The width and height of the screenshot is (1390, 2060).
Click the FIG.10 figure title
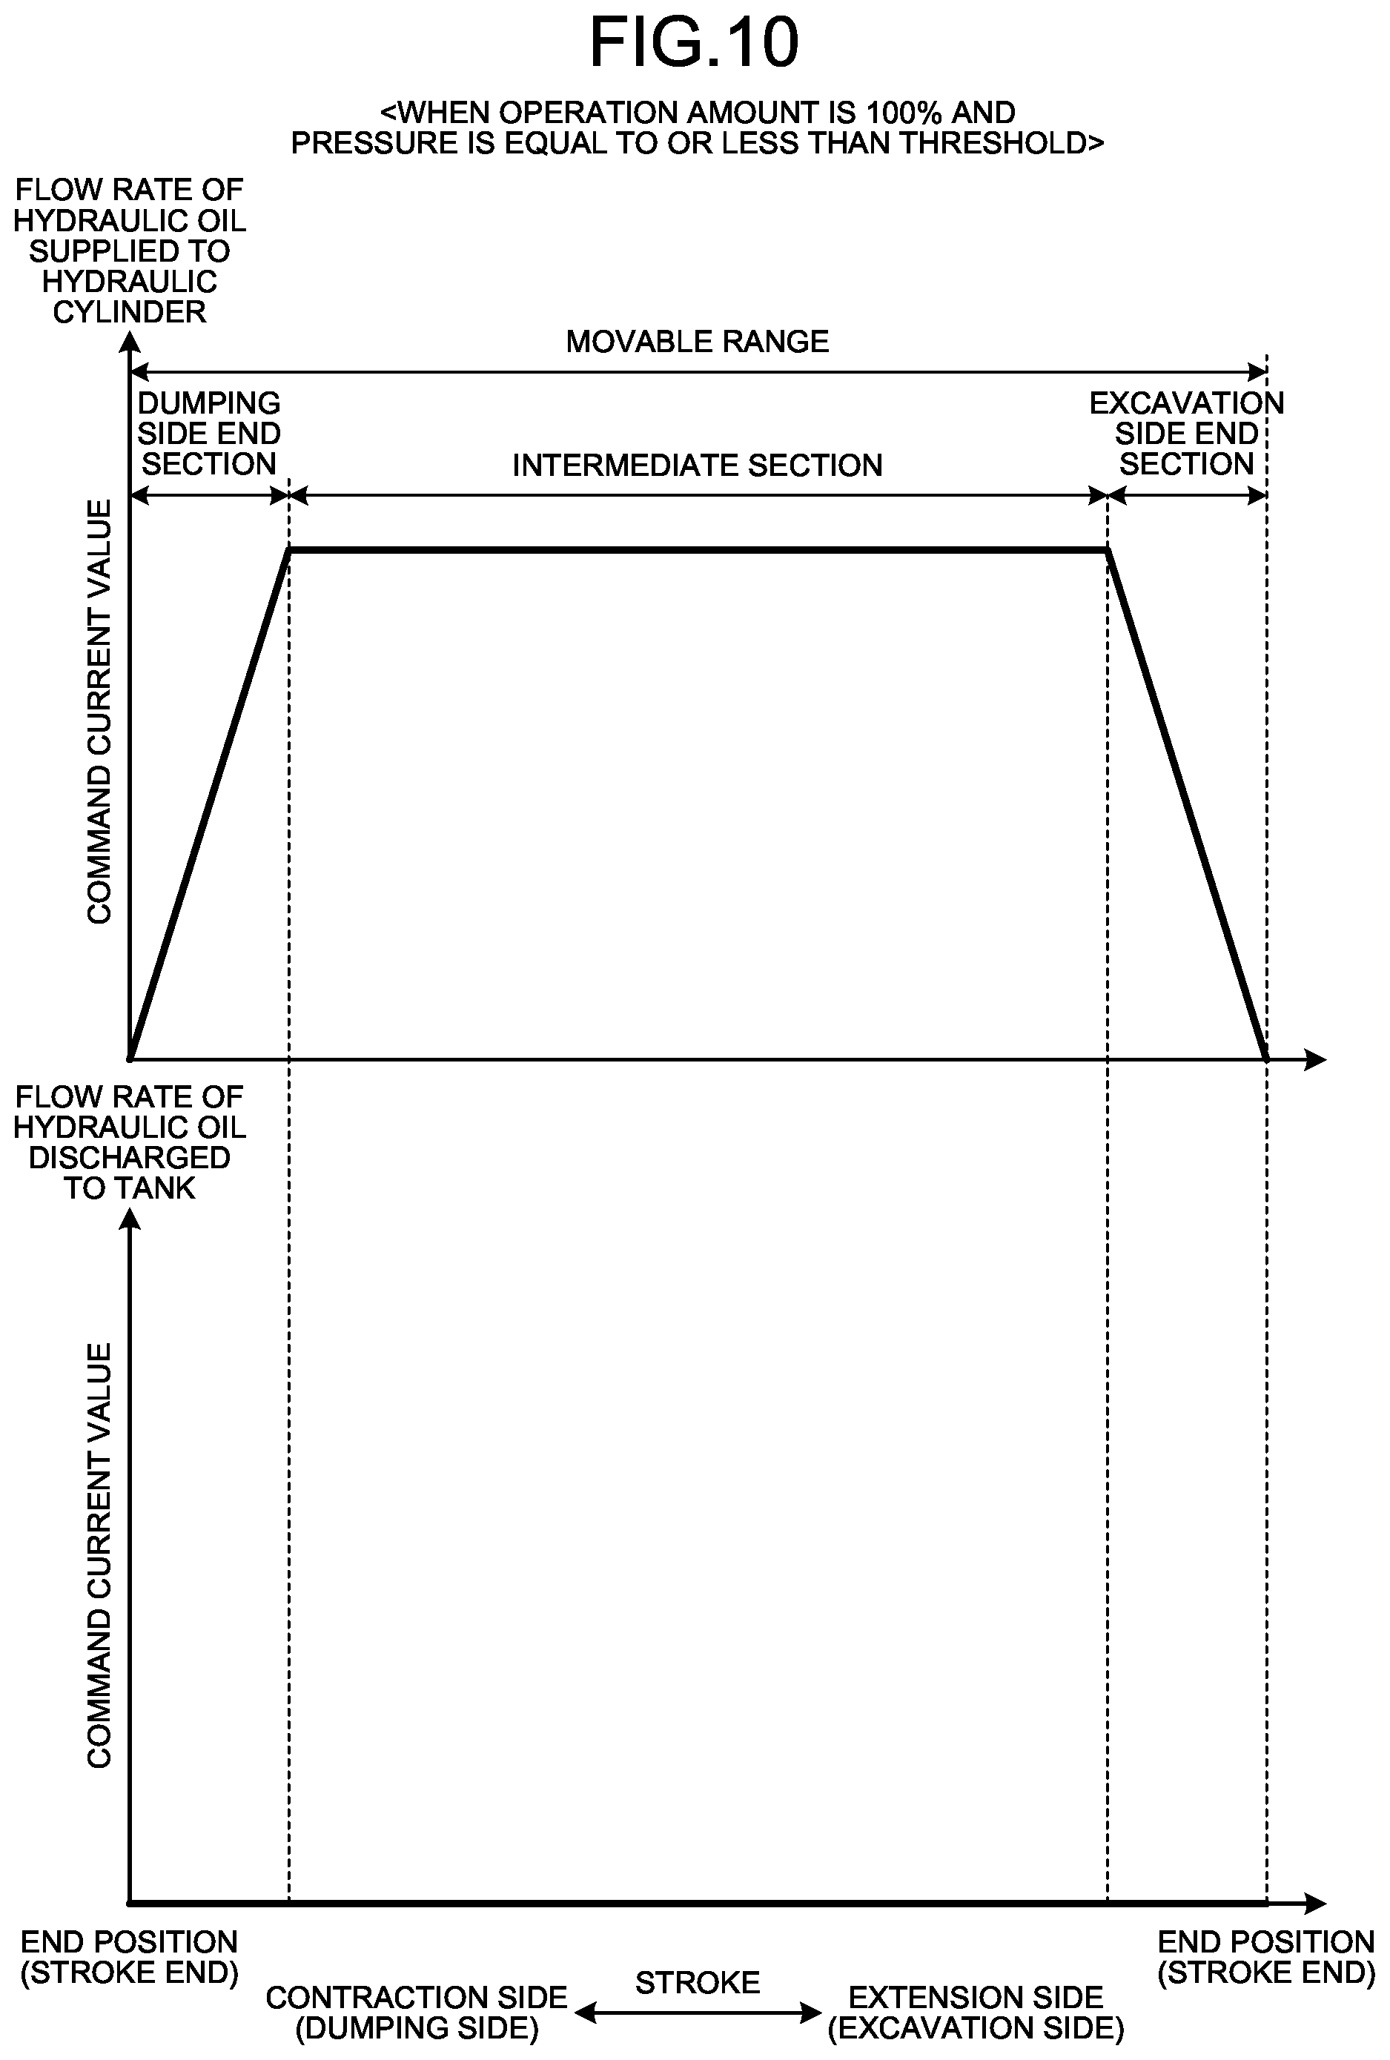(x=694, y=42)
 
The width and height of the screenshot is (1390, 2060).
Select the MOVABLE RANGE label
(x=698, y=341)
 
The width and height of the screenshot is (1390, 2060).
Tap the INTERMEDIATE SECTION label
(x=698, y=466)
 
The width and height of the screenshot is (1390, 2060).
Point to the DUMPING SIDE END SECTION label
(x=209, y=434)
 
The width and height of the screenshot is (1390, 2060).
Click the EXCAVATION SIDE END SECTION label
(x=1187, y=434)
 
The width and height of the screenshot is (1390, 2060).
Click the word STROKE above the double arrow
(x=698, y=1982)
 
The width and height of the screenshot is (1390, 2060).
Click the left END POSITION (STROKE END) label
(x=130, y=1957)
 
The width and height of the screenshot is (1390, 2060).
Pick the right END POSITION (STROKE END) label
(x=1267, y=1957)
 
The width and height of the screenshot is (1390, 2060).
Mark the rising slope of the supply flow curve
(x=210, y=804)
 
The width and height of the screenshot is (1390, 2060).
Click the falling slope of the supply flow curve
(x=1187, y=804)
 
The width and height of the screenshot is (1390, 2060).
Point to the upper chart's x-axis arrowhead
(x=1316, y=1059)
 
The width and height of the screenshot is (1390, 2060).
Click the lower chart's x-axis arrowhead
(x=1316, y=1902)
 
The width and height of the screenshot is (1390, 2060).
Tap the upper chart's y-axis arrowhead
(x=130, y=342)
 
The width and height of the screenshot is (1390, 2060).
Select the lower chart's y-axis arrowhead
(x=130, y=1222)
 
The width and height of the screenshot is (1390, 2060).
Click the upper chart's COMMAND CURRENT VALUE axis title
(x=99, y=712)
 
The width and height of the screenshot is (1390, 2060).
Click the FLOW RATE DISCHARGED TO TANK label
(x=130, y=1142)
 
